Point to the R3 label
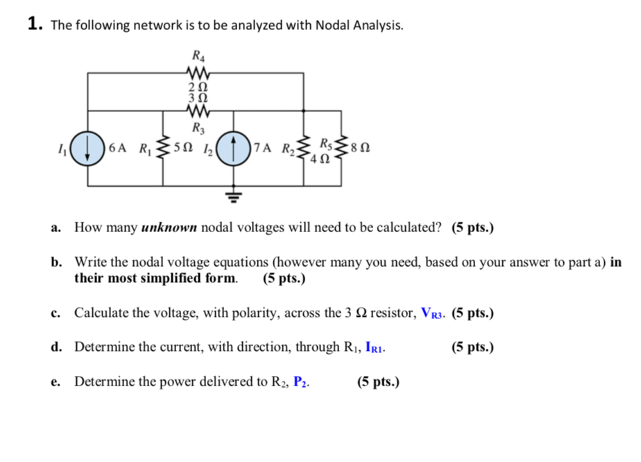198,127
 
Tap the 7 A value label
264,148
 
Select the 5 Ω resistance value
185,148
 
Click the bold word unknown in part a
170,227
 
